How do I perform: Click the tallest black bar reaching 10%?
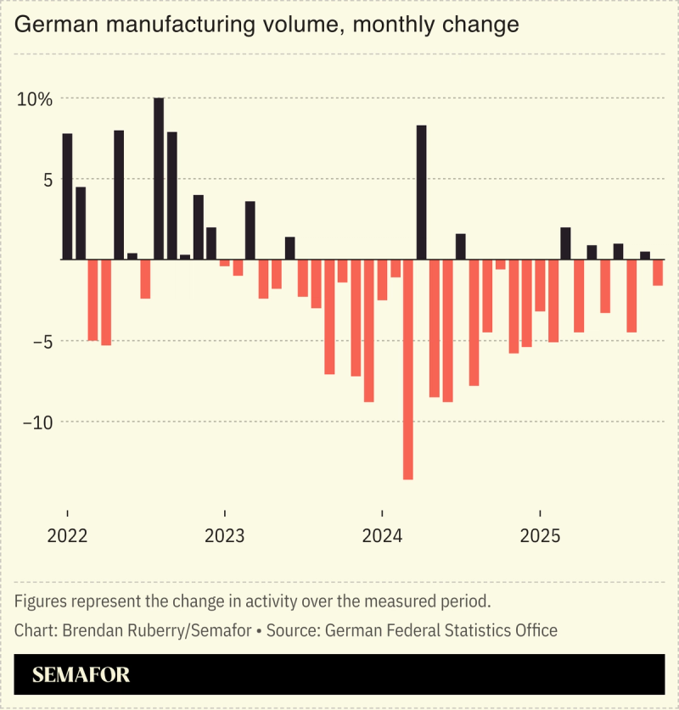click(x=159, y=178)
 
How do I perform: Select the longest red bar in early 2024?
click(x=407, y=369)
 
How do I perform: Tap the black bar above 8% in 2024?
click(x=421, y=192)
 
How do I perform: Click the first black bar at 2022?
click(x=67, y=196)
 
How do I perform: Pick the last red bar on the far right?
click(x=658, y=272)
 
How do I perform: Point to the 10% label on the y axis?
click(x=35, y=98)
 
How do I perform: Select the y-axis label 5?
click(x=46, y=179)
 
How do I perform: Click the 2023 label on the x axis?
click(x=224, y=537)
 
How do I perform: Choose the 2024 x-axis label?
click(x=382, y=537)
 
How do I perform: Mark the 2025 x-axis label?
click(x=540, y=537)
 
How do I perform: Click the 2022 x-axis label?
click(x=67, y=537)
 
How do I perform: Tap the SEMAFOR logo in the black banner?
click(x=81, y=675)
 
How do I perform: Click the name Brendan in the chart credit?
click(x=87, y=630)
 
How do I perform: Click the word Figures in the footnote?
click(x=39, y=601)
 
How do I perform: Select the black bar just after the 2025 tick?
click(x=565, y=243)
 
